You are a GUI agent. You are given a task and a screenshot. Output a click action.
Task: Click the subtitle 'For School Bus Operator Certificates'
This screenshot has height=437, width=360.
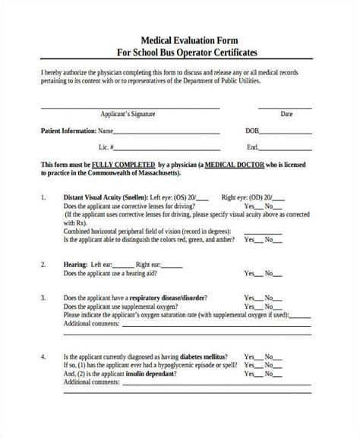[x=180, y=53]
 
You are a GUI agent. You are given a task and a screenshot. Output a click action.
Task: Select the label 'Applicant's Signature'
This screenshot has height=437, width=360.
[x=128, y=115]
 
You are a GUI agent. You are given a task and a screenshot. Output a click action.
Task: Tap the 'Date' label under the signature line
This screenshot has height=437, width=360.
[x=286, y=115]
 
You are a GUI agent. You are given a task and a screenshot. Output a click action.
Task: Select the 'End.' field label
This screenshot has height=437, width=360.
[x=252, y=146]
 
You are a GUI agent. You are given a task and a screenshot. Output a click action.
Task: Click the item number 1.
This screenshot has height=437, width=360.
[x=44, y=196]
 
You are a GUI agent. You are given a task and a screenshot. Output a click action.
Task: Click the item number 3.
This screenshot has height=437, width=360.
[x=44, y=298]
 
